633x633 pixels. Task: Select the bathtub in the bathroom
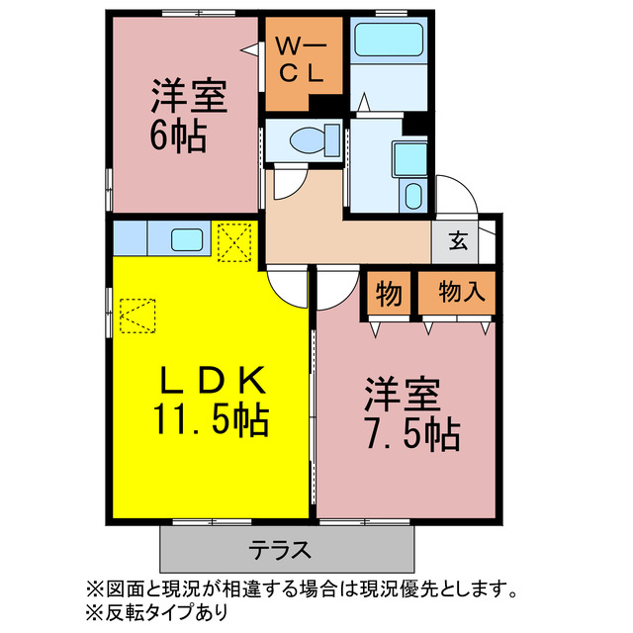click(387, 43)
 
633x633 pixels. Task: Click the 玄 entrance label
click(460, 239)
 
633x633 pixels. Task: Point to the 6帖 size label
click(178, 137)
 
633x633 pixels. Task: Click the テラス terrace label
click(280, 549)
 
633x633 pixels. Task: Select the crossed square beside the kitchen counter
click(234, 242)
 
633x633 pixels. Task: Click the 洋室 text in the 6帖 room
click(190, 98)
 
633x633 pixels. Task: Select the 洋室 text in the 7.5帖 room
click(400, 394)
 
